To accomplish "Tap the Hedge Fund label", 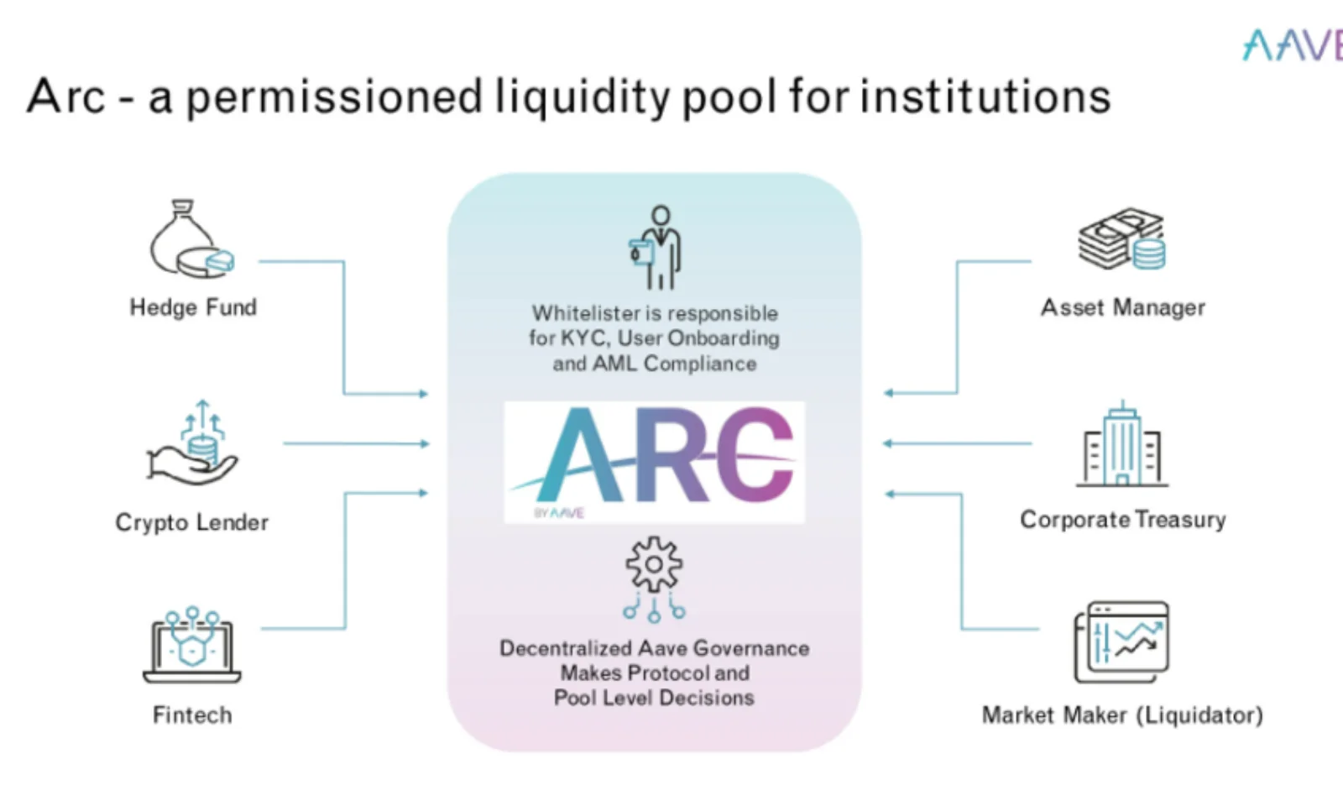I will click(193, 307).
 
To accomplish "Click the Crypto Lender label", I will click(192, 522).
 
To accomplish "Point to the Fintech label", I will click(192, 715).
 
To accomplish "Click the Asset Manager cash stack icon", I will click(1122, 239).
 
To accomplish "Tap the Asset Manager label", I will click(1123, 307).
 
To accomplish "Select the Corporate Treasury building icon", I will click(1122, 444).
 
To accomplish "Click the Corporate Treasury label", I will click(1123, 520).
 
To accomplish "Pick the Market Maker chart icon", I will click(1122, 643).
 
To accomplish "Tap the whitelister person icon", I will click(656, 248).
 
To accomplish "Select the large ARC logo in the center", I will click(655, 459).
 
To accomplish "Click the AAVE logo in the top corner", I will click(1293, 45).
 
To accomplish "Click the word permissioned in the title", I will click(334, 97).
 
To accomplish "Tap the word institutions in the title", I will click(985, 96).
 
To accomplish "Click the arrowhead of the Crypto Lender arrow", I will click(425, 443).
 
